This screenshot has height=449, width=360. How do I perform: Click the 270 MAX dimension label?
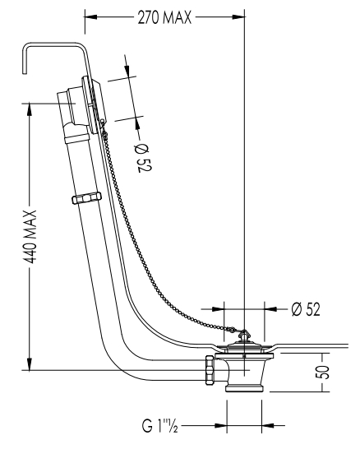164,17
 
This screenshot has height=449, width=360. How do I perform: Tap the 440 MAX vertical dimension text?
30,237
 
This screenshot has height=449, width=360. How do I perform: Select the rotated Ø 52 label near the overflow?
143,157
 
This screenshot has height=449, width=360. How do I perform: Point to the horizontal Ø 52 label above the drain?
306,309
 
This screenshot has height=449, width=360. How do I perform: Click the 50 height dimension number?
323,372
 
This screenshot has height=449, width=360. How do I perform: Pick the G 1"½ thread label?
160,425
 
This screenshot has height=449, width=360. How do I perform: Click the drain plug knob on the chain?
244,336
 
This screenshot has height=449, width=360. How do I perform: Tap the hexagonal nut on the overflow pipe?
86,197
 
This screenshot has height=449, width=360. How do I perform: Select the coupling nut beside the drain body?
210,371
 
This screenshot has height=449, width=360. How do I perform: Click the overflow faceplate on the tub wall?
94,105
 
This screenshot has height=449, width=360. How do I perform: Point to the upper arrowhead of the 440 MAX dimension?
30,109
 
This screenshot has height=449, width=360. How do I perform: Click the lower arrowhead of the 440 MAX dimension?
30,363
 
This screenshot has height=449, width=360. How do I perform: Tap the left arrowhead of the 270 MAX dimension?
91,17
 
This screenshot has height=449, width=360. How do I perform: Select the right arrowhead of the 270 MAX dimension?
238,17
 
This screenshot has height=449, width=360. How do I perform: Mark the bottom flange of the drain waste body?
244,388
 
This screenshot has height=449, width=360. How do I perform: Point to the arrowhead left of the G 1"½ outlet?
220,425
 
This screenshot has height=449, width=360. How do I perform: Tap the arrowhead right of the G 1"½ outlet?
268,425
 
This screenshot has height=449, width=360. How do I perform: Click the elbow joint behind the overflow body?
75,131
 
